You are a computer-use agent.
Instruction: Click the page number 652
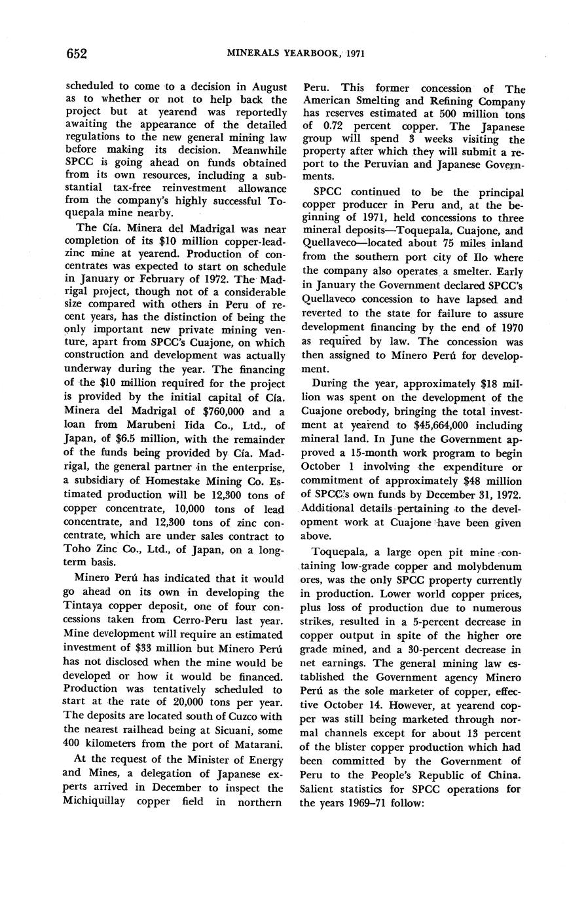77,53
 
